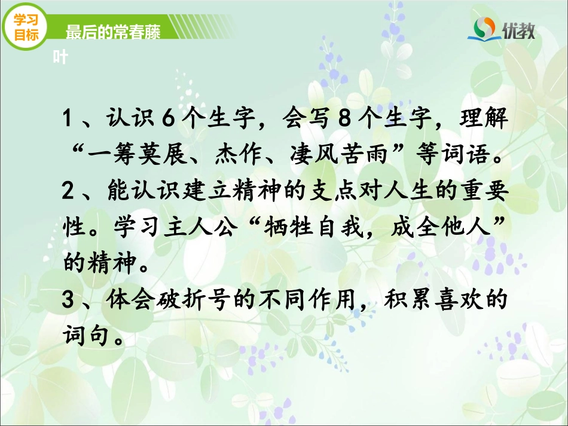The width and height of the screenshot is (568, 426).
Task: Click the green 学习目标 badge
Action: (26, 28)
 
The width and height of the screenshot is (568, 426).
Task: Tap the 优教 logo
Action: (505, 28)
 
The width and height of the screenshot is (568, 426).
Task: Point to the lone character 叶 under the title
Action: (60, 57)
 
